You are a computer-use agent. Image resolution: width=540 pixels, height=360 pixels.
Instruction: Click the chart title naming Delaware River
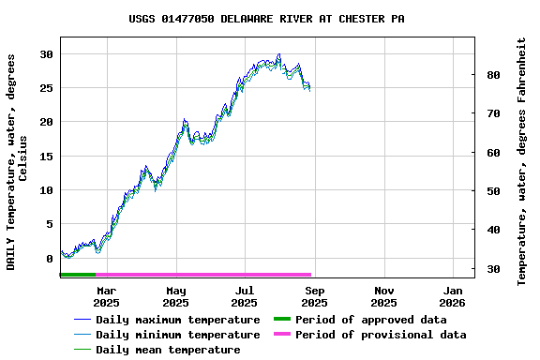pyautogui.click(x=267, y=19)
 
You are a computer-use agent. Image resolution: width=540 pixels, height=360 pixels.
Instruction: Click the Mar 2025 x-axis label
pyautogui.click(x=107, y=296)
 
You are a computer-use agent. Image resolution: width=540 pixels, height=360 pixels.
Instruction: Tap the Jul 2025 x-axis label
pyautogui.click(x=245, y=296)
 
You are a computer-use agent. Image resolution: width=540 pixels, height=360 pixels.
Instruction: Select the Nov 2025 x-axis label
pyautogui.click(x=383, y=296)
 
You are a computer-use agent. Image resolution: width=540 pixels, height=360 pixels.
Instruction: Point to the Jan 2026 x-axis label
pyautogui.click(x=453, y=296)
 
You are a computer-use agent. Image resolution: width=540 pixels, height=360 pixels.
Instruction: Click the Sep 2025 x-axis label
pyautogui.click(x=314, y=296)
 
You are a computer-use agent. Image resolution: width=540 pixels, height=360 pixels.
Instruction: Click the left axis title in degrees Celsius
pyautogui.click(x=18, y=161)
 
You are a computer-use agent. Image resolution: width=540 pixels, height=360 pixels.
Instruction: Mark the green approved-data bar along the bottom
pyautogui.click(x=78, y=275)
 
